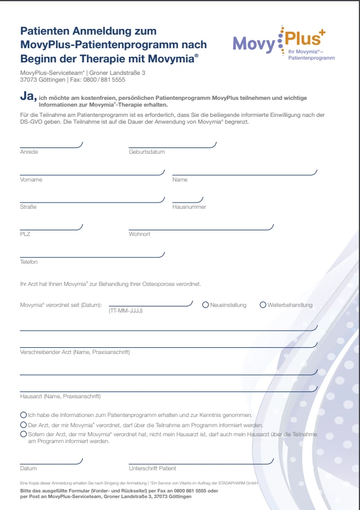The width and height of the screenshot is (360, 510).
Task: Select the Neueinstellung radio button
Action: point(206,305)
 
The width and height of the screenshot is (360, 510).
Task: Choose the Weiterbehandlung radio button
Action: point(263,305)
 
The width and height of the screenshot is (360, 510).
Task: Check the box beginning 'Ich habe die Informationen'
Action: point(23,415)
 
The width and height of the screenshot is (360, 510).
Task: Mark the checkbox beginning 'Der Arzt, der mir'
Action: point(23,424)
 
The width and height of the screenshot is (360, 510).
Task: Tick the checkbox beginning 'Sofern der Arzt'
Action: point(23,434)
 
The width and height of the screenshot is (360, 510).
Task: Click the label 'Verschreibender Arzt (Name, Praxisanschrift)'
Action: point(75,352)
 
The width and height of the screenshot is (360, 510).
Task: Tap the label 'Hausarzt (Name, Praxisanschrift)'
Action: point(60,396)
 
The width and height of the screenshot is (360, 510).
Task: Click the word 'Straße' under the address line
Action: point(28,207)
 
